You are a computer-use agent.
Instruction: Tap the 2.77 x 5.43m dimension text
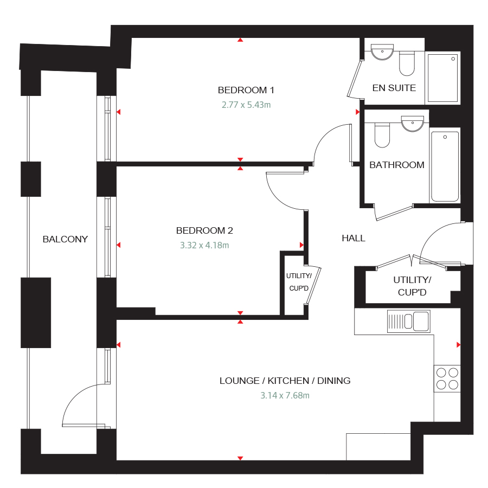(x=246, y=105)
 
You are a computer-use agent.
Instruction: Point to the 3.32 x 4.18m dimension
(x=204, y=245)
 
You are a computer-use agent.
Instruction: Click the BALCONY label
(x=65, y=239)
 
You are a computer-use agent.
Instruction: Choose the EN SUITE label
(x=394, y=88)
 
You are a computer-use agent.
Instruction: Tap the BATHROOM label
(x=397, y=165)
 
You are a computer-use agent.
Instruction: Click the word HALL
(x=354, y=238)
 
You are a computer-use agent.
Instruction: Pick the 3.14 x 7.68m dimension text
(x=285, y=395)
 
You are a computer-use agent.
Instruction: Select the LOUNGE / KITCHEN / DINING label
(x=285, y=381)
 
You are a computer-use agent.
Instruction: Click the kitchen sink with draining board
(x=408, y=321)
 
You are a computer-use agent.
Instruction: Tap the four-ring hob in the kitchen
(x=447, y=378)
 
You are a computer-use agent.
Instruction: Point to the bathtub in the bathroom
(x=445, y=166)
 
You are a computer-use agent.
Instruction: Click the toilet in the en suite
(x=407, y=64)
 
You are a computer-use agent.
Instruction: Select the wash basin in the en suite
(x=383, y=53)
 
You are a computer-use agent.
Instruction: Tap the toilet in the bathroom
(x=382, y=136)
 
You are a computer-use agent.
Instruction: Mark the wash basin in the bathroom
(x=413, y=124)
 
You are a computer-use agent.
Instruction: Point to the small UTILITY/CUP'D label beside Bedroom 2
(x=298, y=282)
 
